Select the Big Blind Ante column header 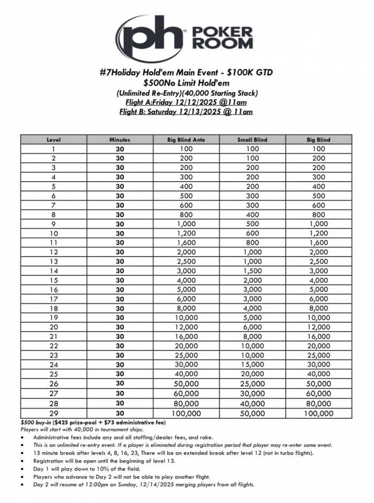(x=186, y=140)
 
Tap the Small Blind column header (x=252, y=140)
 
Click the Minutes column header (x=120, y=140)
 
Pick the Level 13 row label (x=53, y=261)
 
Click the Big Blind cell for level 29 (x=318, y=413)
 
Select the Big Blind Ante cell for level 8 (x=186, y=214)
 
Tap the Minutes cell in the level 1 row (x=120, y=149)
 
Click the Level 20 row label (x=53, y=327)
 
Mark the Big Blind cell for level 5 (x=318, y=187)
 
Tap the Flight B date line (x=186, y=112)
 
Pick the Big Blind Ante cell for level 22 (x=186, y=346)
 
